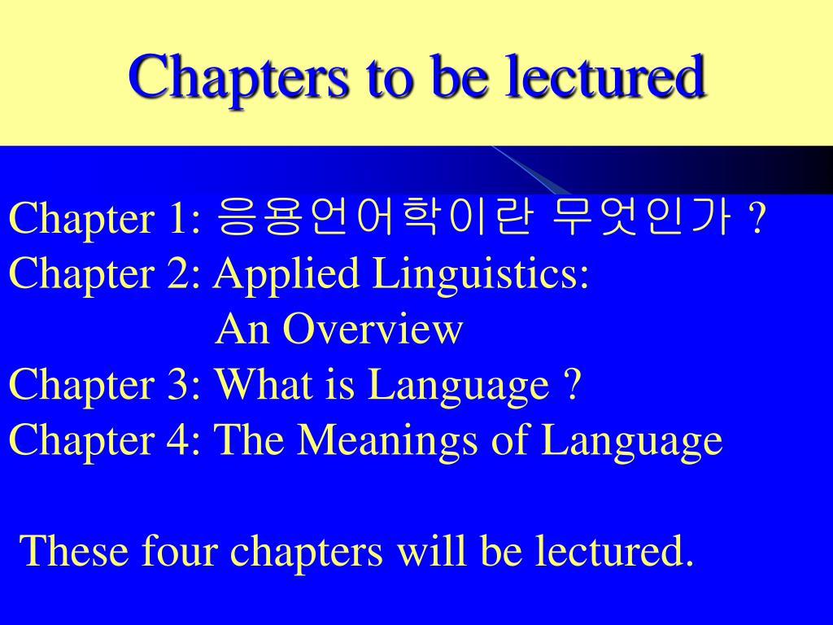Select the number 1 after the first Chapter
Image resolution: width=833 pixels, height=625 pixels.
[179, 218]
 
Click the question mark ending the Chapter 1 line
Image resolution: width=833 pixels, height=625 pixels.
[757, 218]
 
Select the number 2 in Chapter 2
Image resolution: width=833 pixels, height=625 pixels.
[179, 273]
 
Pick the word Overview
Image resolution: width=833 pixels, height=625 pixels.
[373, 329]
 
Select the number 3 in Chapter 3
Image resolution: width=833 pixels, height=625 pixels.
[179, 385]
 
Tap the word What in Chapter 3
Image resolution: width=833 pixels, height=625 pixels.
[264, 383]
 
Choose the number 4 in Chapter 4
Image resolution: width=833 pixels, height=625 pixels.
[179, 440]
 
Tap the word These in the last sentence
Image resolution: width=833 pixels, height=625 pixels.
[74, 551]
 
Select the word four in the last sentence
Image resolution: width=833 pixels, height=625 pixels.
[180, 551]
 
